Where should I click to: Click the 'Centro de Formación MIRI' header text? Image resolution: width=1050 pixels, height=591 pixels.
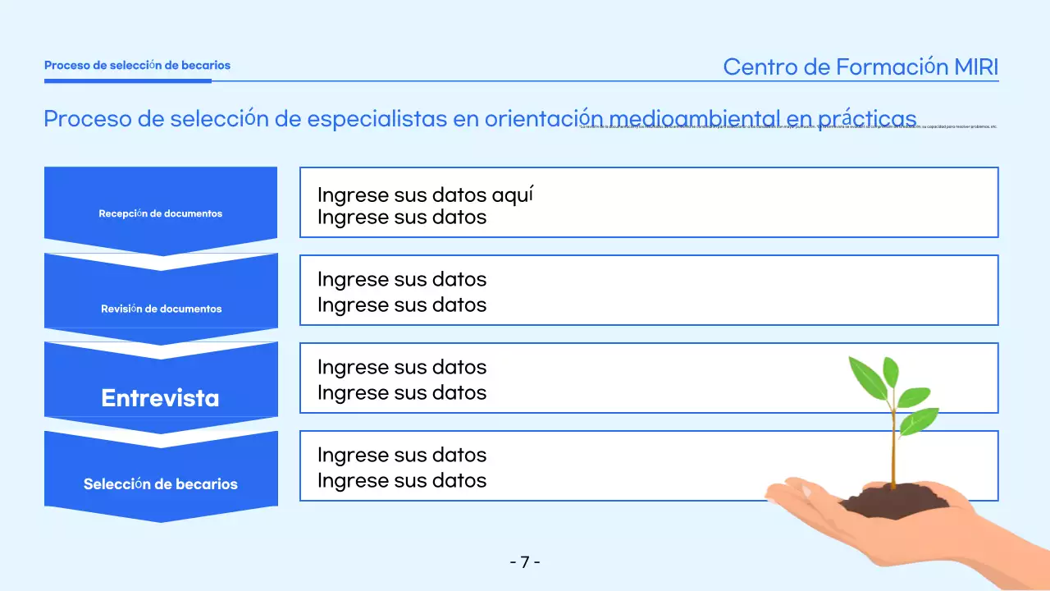(861, 67)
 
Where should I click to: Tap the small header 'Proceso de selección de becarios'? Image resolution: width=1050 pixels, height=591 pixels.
(137, 65)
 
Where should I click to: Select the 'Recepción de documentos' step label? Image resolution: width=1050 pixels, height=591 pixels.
(160, 213)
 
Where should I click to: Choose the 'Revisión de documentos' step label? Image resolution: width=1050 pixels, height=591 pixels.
(161, 309)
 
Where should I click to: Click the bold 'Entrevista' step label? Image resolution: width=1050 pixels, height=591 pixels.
(160, 398)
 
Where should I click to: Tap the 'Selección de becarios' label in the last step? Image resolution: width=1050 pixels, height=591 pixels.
(160, 483)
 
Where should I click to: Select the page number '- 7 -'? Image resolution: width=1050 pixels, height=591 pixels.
(525, 562)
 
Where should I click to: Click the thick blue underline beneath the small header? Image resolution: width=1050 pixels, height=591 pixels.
(127, 80)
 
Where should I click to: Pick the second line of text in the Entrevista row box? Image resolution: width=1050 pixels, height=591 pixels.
(401, 392)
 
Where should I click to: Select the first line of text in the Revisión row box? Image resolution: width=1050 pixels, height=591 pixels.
(401, 279)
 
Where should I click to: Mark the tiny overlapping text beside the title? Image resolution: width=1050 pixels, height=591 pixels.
(787, 127)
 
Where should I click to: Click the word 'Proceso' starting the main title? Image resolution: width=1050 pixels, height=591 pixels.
(87, 118)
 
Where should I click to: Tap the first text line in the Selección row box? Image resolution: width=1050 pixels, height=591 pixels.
(401, 455)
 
